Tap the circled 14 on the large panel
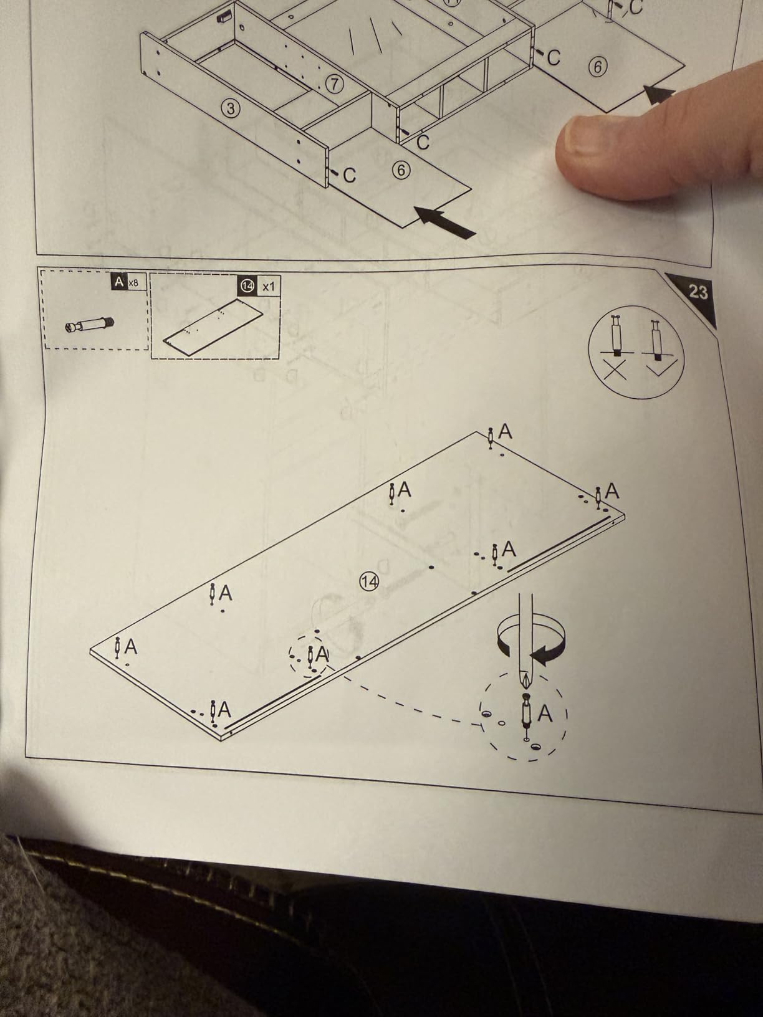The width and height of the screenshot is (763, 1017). [369, 581]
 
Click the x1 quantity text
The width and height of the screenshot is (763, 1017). [268, 287]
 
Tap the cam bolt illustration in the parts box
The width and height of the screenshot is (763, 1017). [89, 325]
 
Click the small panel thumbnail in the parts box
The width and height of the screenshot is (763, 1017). [213, 328]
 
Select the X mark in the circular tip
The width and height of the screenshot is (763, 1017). [615, 371]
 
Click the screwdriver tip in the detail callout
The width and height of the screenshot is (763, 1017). [525, 679]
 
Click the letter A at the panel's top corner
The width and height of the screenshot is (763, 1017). [506, 432]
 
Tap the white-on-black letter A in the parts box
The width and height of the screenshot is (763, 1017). [119, 282]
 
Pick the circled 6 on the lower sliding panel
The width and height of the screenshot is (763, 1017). [401, 171]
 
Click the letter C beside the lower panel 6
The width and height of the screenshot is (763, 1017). [349, 176]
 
